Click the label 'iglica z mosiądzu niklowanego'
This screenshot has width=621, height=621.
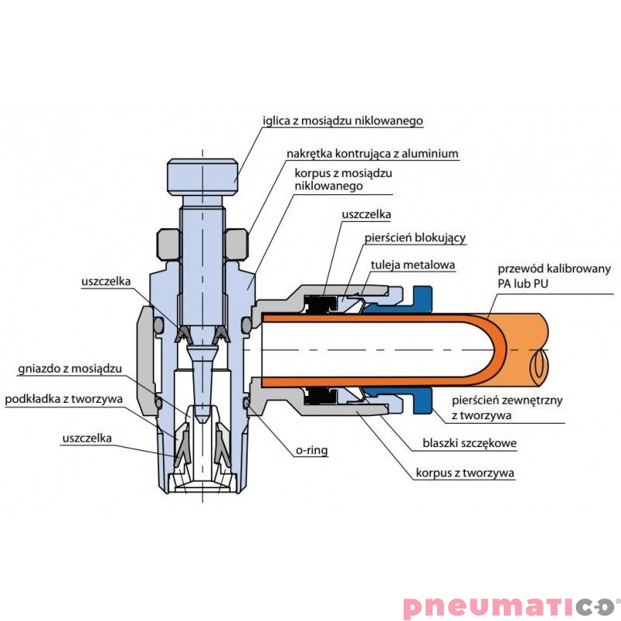pos(342,120)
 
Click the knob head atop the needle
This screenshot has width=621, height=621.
pos(202,176)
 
